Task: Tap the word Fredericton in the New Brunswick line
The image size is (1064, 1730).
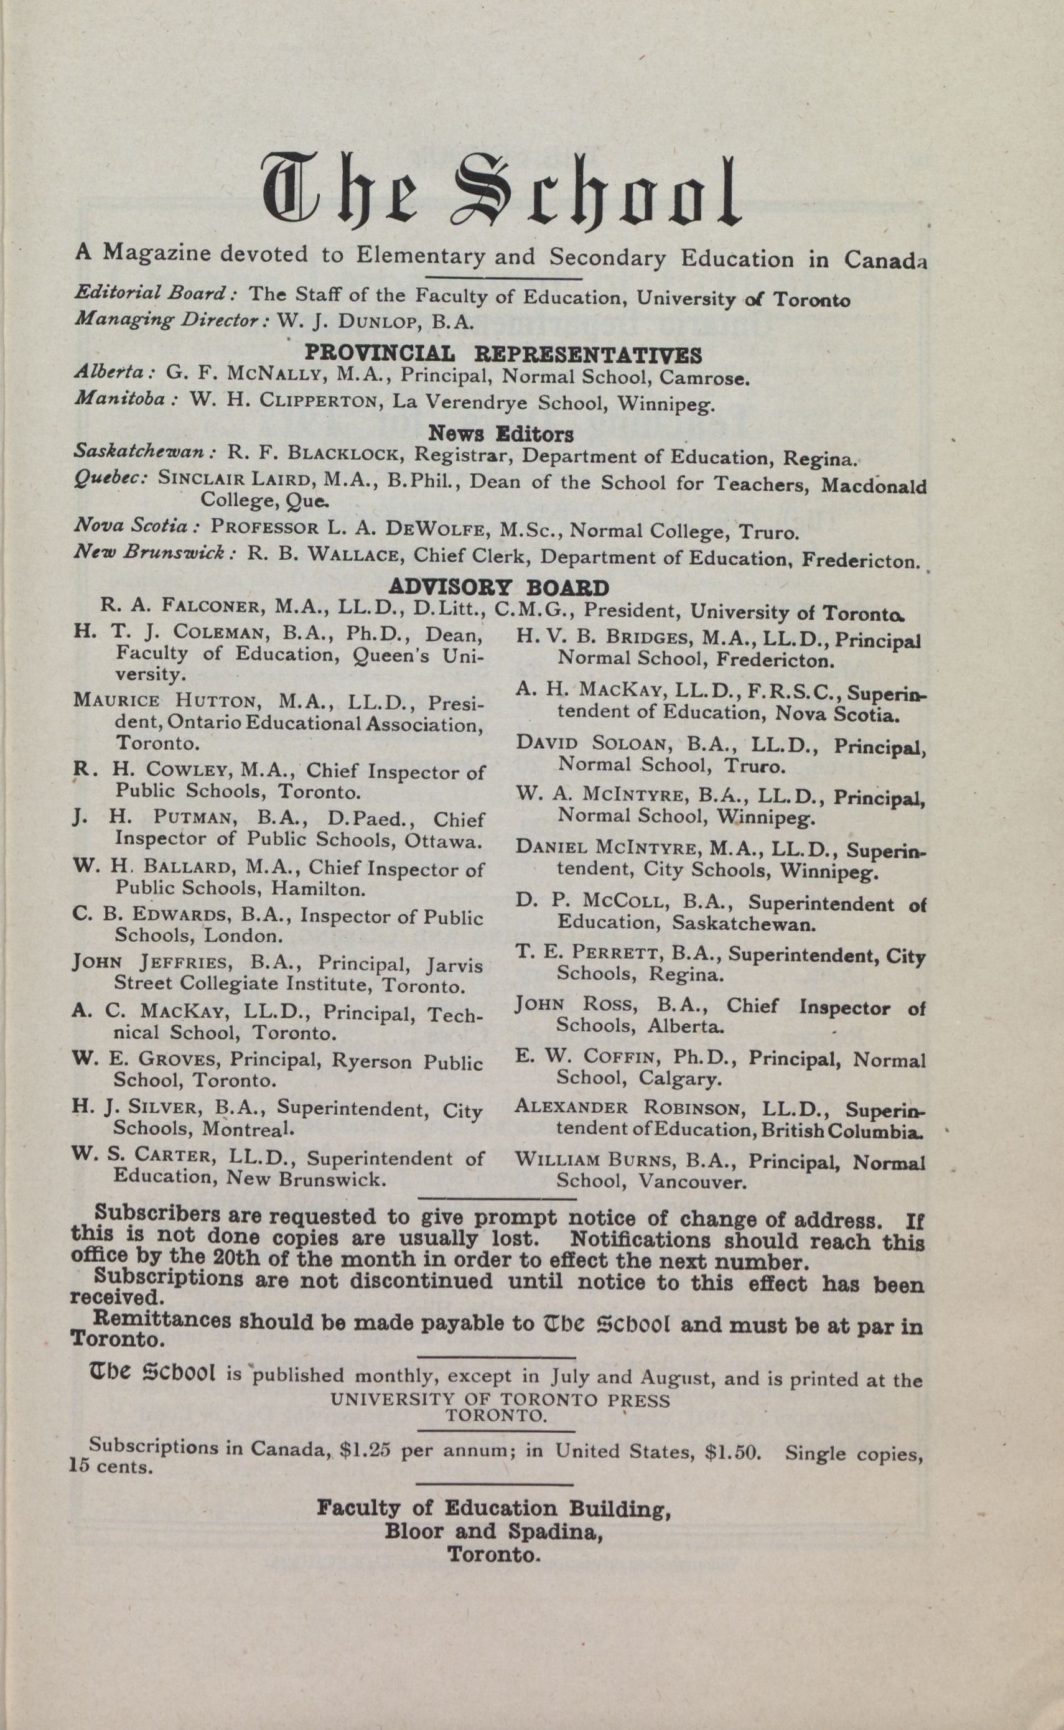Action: [x=861, y=560]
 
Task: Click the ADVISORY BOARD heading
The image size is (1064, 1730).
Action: [x=499, y=587]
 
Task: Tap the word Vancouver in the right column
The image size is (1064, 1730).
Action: [x=692, y=1181]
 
